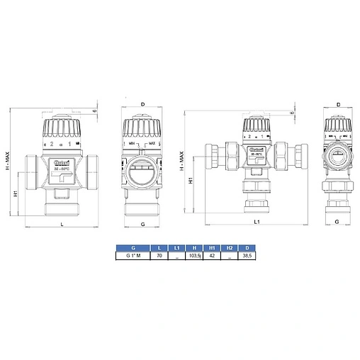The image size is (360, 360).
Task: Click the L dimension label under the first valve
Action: point(62,224)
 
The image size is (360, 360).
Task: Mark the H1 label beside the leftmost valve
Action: point(16,193)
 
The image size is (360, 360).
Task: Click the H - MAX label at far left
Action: point(8,159)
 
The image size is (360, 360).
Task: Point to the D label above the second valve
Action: point(142,104)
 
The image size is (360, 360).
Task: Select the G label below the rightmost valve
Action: point(337,222)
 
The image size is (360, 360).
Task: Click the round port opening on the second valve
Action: point(143,171)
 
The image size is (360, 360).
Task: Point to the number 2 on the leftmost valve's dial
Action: point(51,144)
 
